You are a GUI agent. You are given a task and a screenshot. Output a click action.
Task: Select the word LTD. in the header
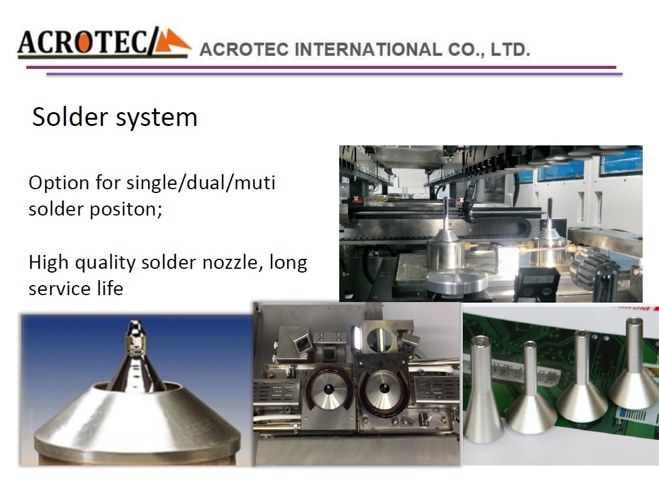(510, 50)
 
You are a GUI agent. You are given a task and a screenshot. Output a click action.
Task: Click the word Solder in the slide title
(70, 117)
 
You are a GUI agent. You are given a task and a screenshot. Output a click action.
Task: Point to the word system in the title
(156, 118)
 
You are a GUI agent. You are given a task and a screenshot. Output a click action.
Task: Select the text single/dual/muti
(201, 183)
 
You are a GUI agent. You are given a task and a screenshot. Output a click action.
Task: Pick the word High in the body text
(48, 263)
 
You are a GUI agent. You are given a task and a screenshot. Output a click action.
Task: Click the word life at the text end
(112, 288)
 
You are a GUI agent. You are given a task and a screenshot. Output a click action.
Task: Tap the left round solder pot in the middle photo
(329, 389)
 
